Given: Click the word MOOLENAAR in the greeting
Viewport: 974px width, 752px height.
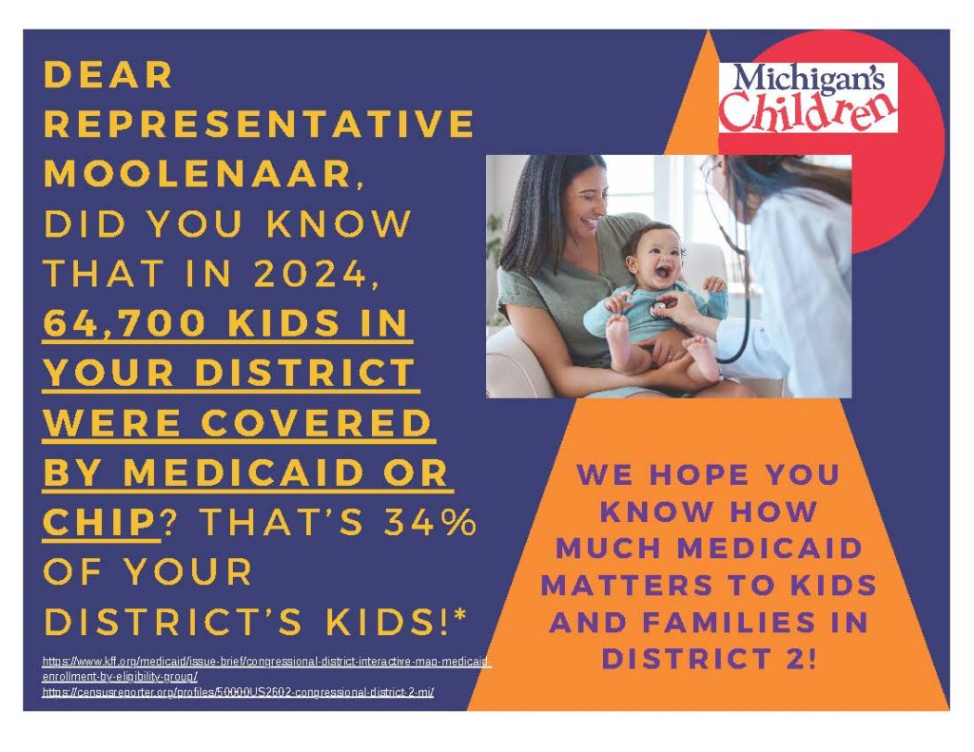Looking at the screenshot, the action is (200, 173).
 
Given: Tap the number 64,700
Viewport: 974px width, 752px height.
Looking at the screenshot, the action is (125, 322).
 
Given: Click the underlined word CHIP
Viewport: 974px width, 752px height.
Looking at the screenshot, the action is (99, 522).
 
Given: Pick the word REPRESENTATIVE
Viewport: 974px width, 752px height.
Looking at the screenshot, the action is (259, 124).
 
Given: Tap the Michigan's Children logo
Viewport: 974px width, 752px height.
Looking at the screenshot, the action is (808, 97).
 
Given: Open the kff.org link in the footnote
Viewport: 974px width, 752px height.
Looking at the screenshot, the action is (267, 668).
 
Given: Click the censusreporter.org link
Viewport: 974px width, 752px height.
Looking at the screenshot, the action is (238, 692).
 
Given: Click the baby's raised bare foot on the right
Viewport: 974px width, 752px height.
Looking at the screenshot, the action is (705, 357).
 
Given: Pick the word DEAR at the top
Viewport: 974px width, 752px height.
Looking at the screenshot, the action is (108, 74).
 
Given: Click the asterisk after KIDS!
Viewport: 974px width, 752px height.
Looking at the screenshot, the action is (460, 615).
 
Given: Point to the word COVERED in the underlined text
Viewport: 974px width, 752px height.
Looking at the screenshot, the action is (316, 422).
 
